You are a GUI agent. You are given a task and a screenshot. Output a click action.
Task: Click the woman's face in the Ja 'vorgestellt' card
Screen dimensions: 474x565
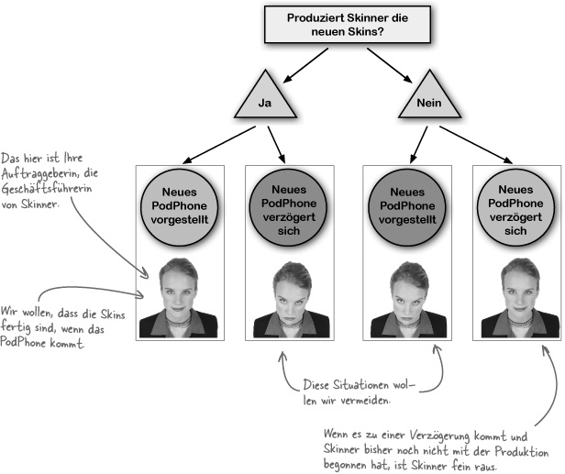180,288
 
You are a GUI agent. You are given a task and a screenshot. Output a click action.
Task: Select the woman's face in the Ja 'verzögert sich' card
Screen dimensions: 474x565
289,288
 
